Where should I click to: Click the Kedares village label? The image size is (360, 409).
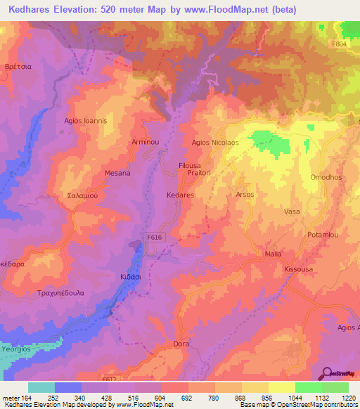click(x=179, y=195)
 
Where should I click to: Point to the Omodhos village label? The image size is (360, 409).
click(x=326, y=177)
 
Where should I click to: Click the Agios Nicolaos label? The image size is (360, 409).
click(x=216, y=142)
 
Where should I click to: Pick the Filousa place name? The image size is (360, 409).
click(x=190, y=166)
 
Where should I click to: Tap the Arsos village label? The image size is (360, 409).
click(x=245, y=195)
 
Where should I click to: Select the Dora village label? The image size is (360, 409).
click(x=181, y=344)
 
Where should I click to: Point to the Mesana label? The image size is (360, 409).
click(x=98, y=173)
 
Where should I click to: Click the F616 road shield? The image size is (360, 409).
click(x=156, y=239)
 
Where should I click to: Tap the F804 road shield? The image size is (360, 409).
click(x=340, y=43)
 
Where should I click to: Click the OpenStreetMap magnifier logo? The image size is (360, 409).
click(x=326, y=372)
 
